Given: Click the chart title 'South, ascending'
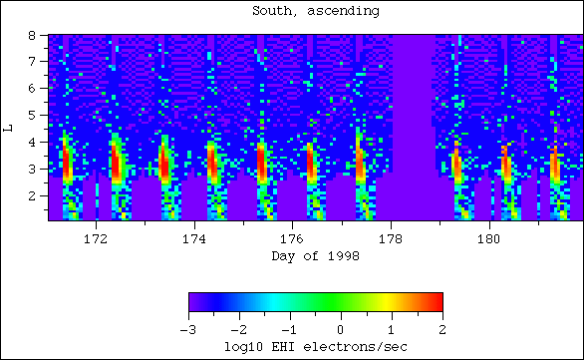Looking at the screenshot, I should coord(291,11).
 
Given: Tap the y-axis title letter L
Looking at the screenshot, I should coord(9,128).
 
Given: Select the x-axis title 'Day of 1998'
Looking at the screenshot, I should coord(315,255).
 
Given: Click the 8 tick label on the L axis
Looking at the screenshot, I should coord(33,35).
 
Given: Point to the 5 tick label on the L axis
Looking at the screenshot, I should coord(33,115).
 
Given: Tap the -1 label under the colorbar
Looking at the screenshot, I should coord(289,328).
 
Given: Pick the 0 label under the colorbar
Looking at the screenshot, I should coord(342,328).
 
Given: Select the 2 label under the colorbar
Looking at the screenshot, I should coord(441,328).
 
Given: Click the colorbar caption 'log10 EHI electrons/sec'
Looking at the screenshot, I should coord(315,345).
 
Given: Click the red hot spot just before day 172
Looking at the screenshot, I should coord(68,163).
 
